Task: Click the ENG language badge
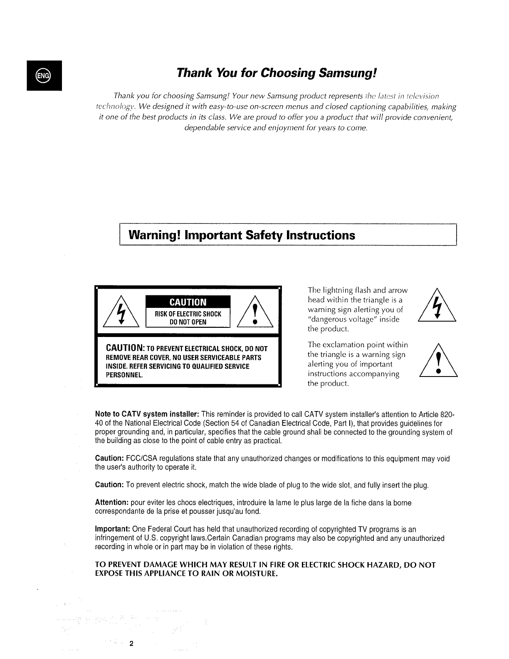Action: tap(44, 75)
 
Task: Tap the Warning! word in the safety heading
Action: tap(154, 235)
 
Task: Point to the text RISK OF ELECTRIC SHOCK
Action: tap(188, 314)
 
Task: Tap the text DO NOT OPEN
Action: tap(188, 322)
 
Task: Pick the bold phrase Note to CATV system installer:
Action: tap(147, 415)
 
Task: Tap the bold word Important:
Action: tap(112, 530)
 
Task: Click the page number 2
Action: tap(131, 644)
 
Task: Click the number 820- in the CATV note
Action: tap(447, 415)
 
